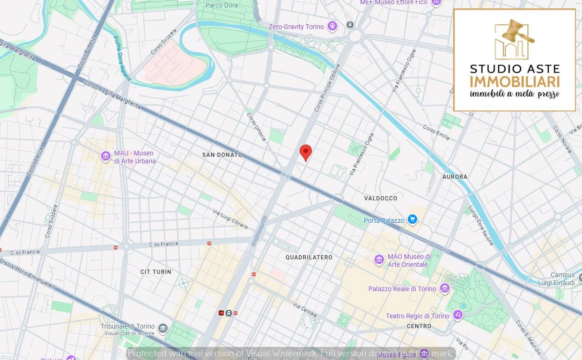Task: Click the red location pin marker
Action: [x=306, y=152]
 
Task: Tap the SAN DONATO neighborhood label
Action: [x=222, y=154]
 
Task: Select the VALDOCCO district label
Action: [x=381, y=198]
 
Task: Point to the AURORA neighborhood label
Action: [x=455, y=176]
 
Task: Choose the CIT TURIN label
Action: [x=156, y=272]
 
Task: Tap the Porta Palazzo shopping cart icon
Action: [x=412, y=220]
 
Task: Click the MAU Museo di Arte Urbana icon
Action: [x=106, y=156]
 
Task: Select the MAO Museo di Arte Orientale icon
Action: [x=379, y=259]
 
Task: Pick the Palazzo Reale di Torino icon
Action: [x=445, y=288]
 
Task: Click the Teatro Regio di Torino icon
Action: [x=457, y=315]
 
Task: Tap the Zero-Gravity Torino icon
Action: [x=332, y=26]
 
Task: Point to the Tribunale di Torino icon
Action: [x=163, y=328]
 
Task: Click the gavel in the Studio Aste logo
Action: [x=517, y=31]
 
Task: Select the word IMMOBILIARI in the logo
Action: [x=515, y=81]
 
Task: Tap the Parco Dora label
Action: [x=222, y=5]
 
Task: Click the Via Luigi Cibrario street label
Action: [x=230, y=219]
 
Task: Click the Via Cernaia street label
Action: [x=305, y=310]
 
